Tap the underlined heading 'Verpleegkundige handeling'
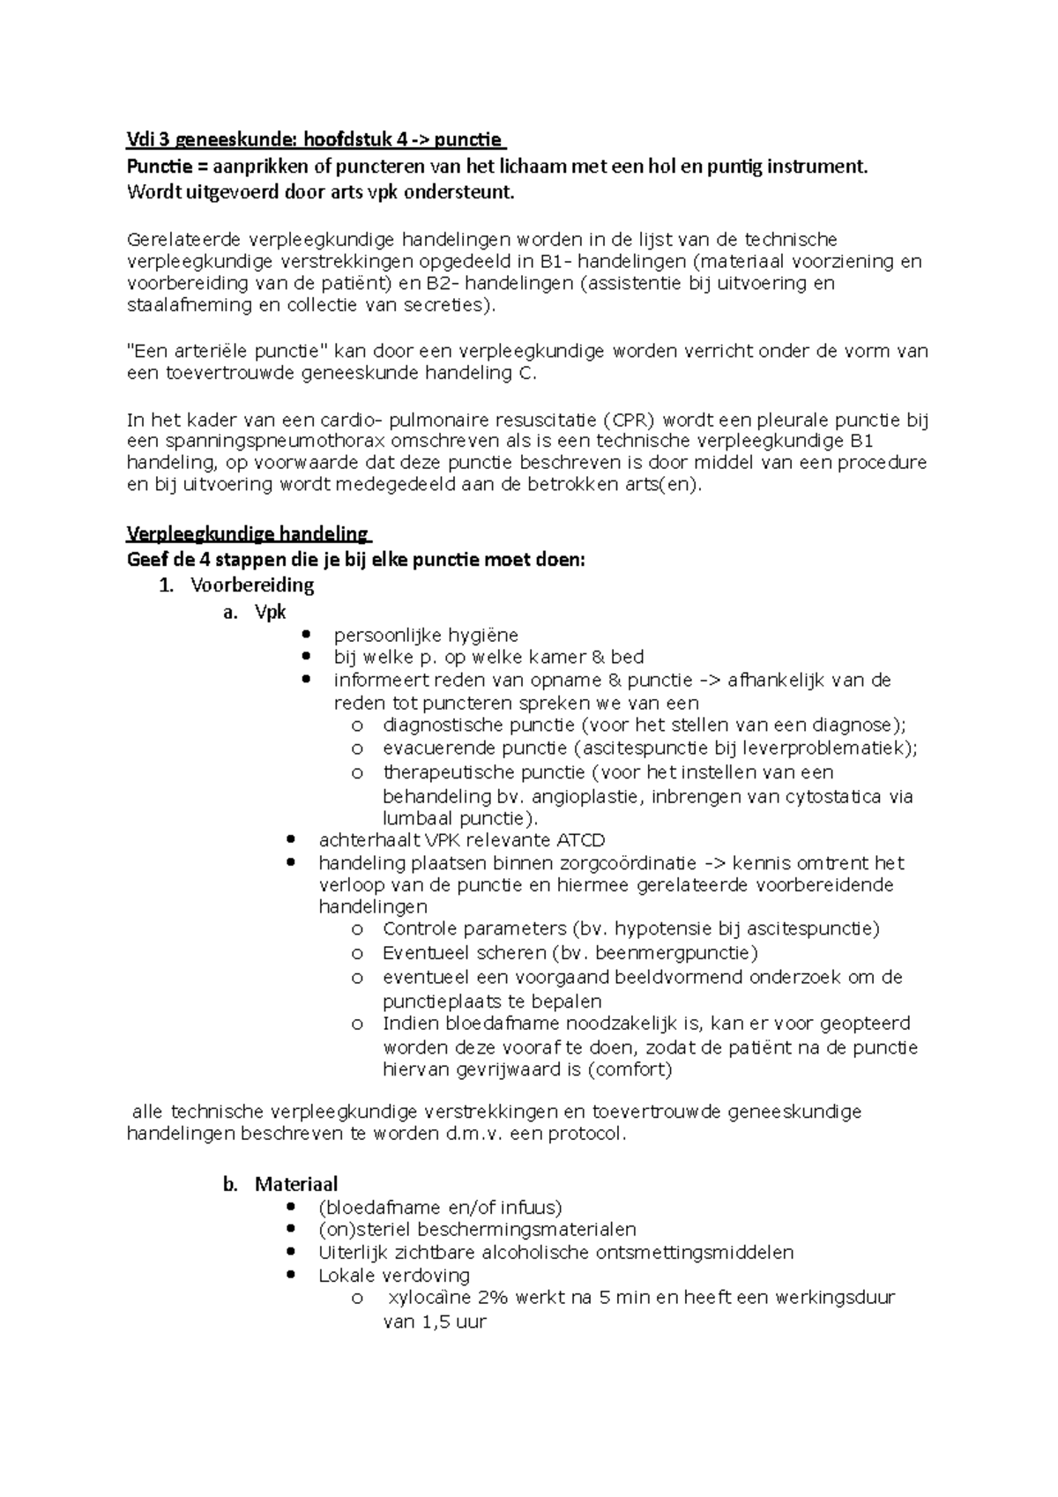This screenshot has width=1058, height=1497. (x=248, y=534)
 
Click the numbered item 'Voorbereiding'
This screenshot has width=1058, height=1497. (x=252, y=585)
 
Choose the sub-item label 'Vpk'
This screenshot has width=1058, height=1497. (x=270, y=612)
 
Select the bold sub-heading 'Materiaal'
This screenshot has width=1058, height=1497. (x=296, y=1185)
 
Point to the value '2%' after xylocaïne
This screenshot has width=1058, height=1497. (x=495, y=1299)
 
